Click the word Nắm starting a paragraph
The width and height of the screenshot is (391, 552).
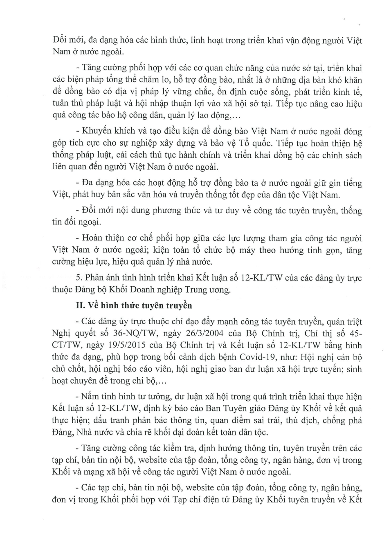(90, 396)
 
